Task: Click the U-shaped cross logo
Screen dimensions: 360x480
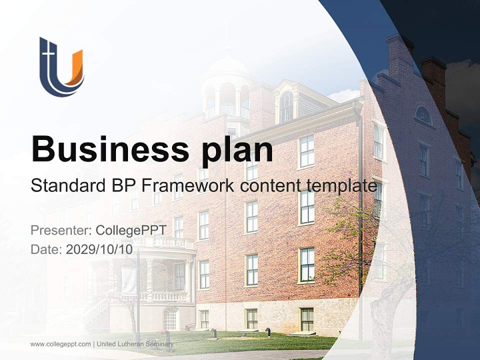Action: click(61, 67)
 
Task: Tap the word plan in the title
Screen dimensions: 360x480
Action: click(237, 149)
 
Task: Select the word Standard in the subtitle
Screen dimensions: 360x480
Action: click(65, 186)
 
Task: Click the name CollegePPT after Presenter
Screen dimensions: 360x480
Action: click(131, 230)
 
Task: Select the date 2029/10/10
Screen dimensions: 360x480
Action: click(99, 249)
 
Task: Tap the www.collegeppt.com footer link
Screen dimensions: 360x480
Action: click(60, 344)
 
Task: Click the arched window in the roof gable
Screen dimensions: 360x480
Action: click(286, 106)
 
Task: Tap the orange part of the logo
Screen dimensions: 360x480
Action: click(74, 67)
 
